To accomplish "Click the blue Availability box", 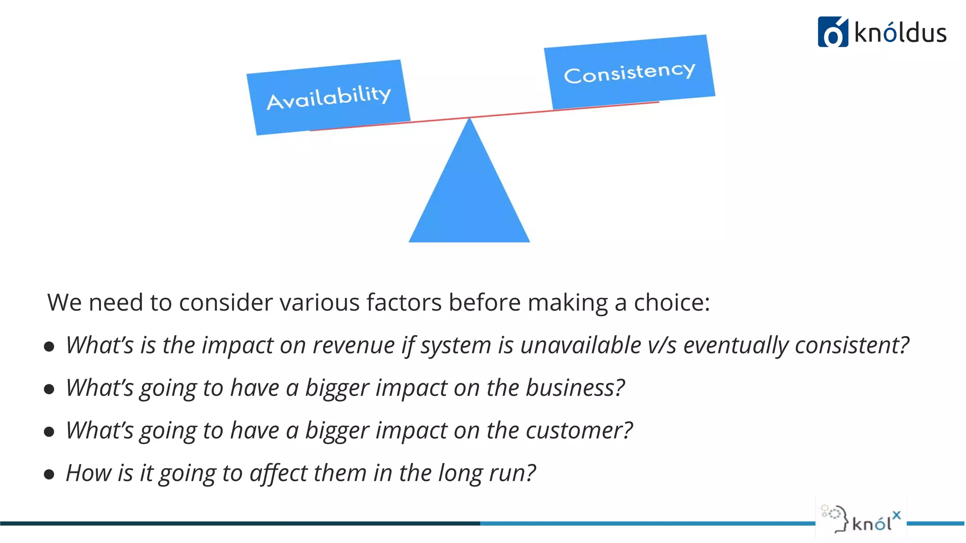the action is [328, 97].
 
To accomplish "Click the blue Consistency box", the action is [629, 72].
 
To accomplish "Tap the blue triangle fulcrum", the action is [469, 198].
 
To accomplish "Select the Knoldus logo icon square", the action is [833, 32].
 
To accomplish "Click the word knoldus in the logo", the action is [900, 33].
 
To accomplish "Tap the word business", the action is [575, 388].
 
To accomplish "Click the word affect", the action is [278, 473].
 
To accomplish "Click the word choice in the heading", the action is [671, 302].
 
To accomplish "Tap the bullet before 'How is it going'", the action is [49, 474].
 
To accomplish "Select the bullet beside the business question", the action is [49, 389].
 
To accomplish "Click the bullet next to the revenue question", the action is [49, 347].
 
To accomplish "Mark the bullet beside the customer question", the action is [49, 432].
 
